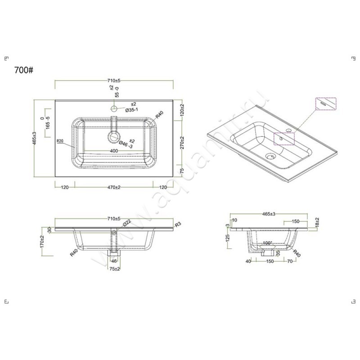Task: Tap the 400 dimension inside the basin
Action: [x=114, y=150]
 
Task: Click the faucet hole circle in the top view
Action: [x=114, y=109]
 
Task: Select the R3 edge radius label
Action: [x=178, y=224]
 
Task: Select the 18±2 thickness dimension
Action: [x=317, y=222]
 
